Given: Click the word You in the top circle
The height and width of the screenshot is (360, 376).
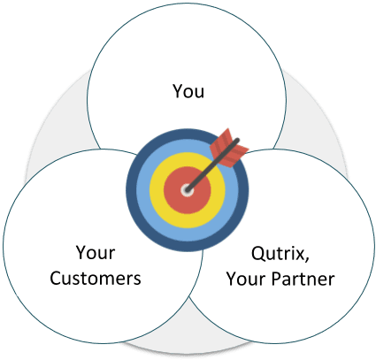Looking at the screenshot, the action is click(188, 91).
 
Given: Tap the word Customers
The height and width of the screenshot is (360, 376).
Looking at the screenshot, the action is click(96, 278).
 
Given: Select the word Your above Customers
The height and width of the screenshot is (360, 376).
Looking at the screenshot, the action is click(96, 253).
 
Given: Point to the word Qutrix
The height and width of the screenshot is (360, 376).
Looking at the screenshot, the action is click(278, 254).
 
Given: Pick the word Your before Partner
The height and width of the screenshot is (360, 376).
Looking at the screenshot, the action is click(246, 279).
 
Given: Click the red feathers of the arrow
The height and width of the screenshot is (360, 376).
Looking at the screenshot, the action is click(229, 148).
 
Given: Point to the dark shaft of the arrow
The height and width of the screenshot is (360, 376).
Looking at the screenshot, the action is click(213, 165).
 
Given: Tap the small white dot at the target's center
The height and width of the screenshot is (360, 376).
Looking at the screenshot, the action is click(187, 190).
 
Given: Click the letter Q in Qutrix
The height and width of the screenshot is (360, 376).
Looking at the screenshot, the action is click(258, 254).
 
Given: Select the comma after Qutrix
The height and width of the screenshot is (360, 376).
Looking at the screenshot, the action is click(307, 258).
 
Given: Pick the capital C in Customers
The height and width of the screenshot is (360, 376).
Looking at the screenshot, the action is click(56, 279).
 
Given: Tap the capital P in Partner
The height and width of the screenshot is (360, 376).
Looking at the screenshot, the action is click(276, 279).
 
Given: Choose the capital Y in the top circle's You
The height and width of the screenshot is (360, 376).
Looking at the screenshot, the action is click(178, 91).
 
